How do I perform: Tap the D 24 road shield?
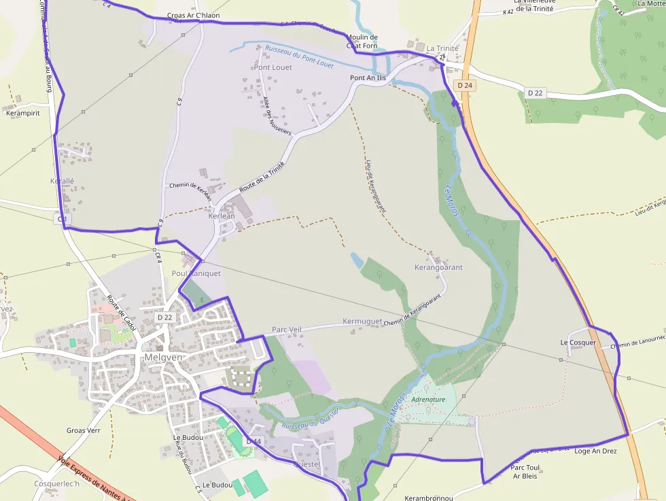click(x=465, y=86)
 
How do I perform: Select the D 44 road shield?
click(x=253, y=442)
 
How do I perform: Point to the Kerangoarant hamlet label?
click(x=438, y=267)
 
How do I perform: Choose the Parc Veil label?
click(x=286, y=330)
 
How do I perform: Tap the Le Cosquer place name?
click(x=578, y=343)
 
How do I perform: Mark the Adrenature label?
click(x=428, y=400)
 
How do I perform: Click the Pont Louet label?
click(x=273, y=67)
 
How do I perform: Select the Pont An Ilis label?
click(x=368, y=78)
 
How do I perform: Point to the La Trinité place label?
click(x=442, y=49)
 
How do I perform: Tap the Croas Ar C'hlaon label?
click(x=193, y=15)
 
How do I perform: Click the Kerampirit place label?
click(x=22, y=113)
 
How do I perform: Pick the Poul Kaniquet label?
click(x=196, y=273)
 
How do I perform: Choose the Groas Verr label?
click(x=84, y=430)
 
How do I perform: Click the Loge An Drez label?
click(x=595, y=451)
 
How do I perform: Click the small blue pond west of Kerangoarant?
click(x=356, y=260)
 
